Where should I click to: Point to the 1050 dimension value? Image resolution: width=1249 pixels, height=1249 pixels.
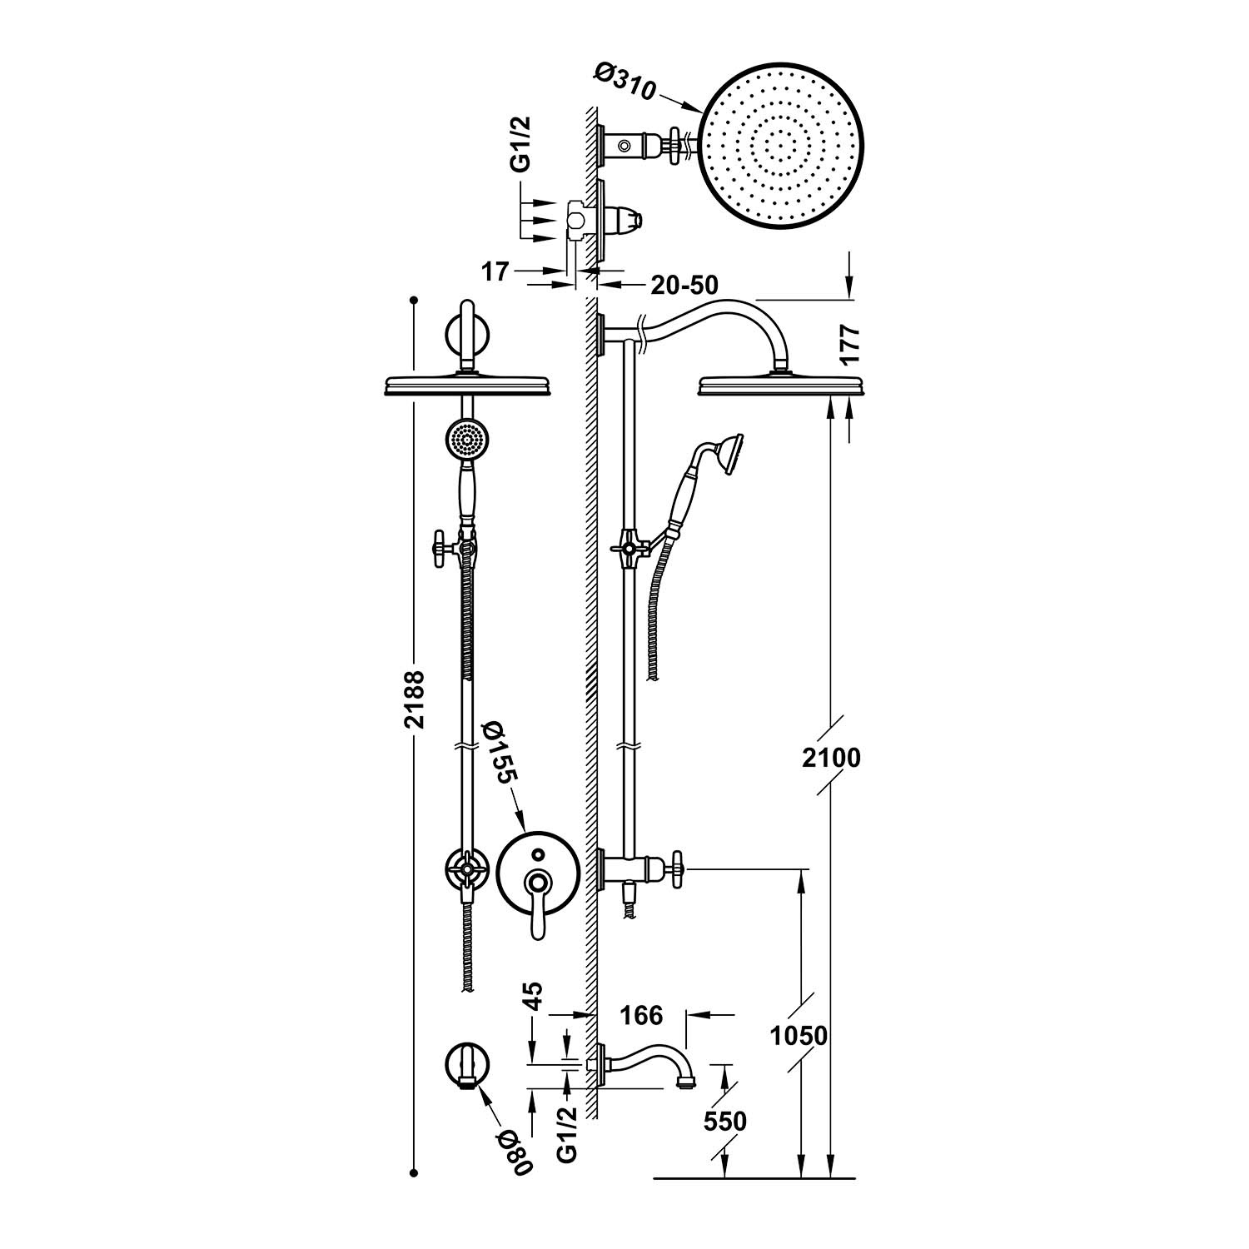[x=799, y=1036]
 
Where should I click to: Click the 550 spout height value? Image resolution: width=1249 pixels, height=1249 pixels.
[x=724, y=1121]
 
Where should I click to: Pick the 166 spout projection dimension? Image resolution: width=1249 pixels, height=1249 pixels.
[x=641, y=1015]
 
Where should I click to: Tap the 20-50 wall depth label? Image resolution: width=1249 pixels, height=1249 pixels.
[x=684, y=285]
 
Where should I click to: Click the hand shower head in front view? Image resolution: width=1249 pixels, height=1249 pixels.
[x=467, y=439]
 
